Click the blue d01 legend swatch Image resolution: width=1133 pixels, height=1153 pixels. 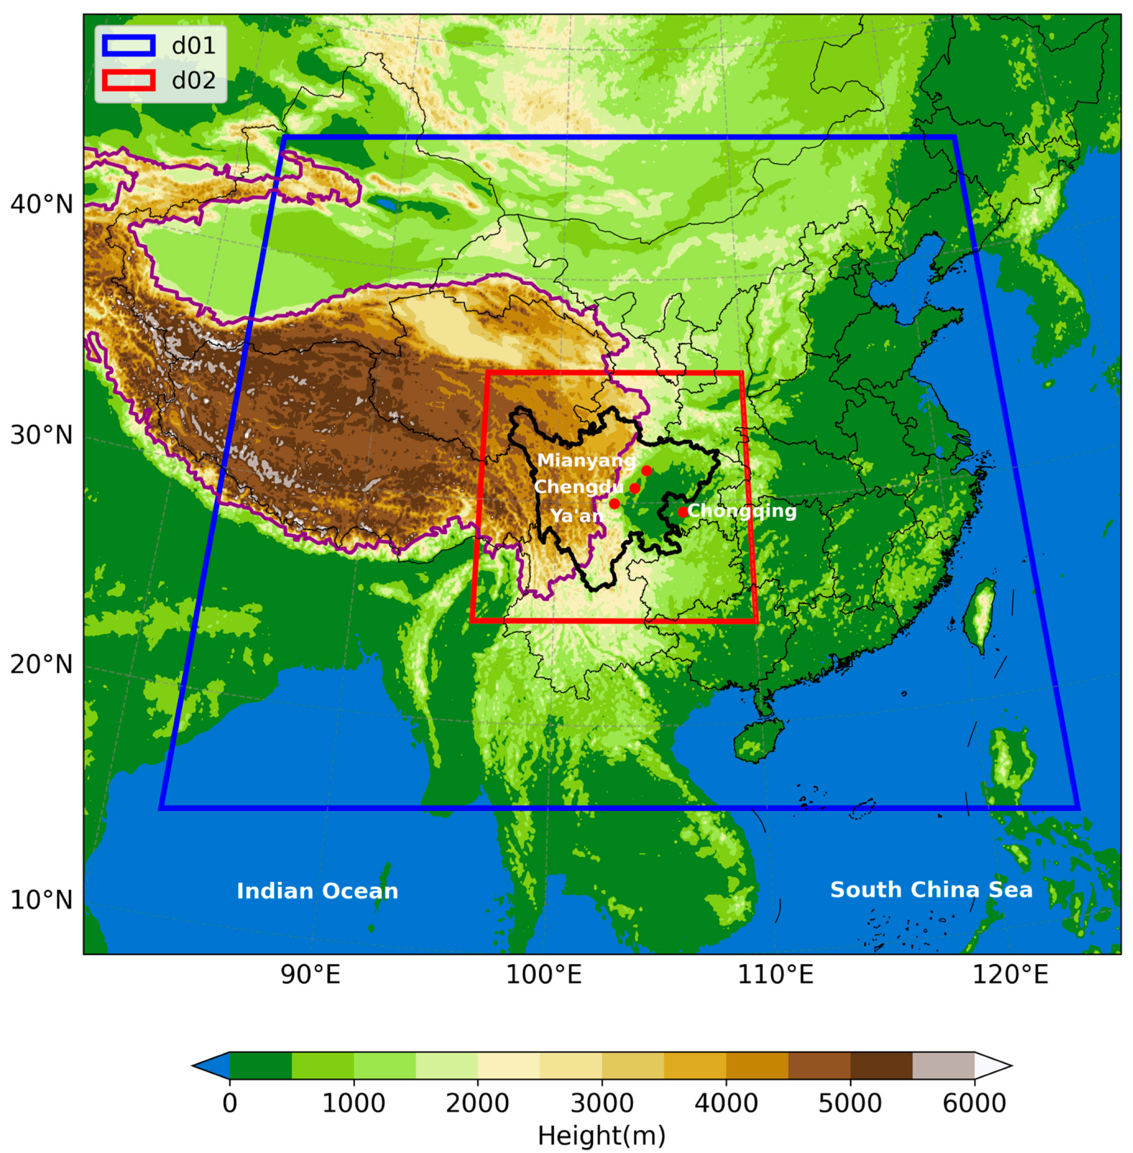128,46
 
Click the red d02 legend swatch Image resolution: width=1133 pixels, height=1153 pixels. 128,80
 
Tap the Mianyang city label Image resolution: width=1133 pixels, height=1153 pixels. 586,461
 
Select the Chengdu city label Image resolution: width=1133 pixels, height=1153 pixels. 578,487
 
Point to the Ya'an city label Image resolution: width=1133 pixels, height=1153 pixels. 576,515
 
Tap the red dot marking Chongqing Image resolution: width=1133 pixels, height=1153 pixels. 682,511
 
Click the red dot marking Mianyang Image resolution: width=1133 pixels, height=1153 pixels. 647,471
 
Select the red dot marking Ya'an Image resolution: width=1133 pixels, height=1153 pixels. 614,503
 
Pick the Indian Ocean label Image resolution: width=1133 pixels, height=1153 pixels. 317,891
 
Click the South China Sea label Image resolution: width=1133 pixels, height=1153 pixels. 931,890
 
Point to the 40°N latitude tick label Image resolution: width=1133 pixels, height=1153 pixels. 41,204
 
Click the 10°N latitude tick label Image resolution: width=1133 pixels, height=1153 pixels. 41,900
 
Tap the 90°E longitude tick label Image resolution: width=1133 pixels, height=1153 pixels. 310,976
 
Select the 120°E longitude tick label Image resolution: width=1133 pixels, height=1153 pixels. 1010,976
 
